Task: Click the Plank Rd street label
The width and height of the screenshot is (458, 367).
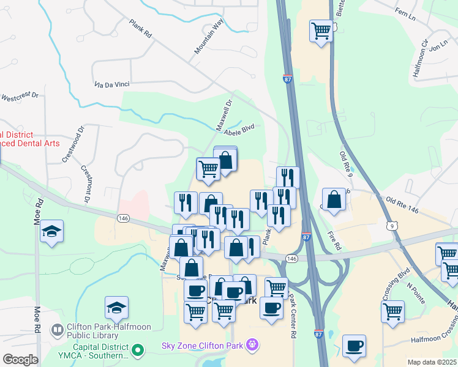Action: point(140,28)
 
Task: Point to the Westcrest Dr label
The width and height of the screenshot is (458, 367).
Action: point(20,97)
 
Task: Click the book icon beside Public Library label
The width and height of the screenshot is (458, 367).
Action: point(57,330)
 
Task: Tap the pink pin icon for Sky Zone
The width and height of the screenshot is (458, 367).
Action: point(252,346)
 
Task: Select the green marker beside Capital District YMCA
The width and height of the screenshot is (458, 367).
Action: point(138,350)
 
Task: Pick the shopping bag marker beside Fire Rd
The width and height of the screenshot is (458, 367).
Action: point(334,199)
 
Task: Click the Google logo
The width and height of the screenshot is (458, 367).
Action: point(20,359)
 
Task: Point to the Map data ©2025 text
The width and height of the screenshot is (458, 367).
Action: point(431,362)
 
